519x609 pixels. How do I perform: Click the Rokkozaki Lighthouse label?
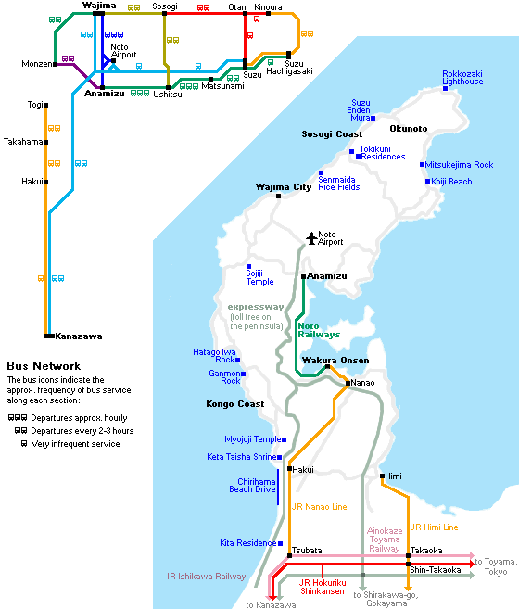[462, 78]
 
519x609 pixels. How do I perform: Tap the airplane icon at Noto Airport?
[311, 238]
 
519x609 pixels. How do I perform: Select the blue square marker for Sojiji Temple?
[248, 266]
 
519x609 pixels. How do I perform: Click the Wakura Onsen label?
[335, 360]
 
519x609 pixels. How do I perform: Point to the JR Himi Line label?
[435, 527]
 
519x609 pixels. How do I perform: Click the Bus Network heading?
[44, 366]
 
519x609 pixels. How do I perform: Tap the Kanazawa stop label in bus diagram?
[79, 336]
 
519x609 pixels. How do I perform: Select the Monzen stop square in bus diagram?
[56, 64]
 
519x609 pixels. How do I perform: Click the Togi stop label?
[35, 105]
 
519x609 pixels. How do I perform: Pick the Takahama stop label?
[23, 142]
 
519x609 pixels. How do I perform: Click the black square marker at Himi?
[382, 476]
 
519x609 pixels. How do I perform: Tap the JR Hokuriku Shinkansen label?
[322, 587]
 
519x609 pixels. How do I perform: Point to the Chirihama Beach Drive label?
[252, 486]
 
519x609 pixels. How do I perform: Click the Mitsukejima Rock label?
[459, 165]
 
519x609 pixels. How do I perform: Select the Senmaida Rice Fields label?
[339, 184]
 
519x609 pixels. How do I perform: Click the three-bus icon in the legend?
[18, 418]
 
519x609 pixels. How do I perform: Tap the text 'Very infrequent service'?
[75, 444]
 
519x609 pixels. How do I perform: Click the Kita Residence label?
[247, 542]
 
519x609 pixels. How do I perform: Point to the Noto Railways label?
[319, 330]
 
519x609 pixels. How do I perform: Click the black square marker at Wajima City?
[278, 197]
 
